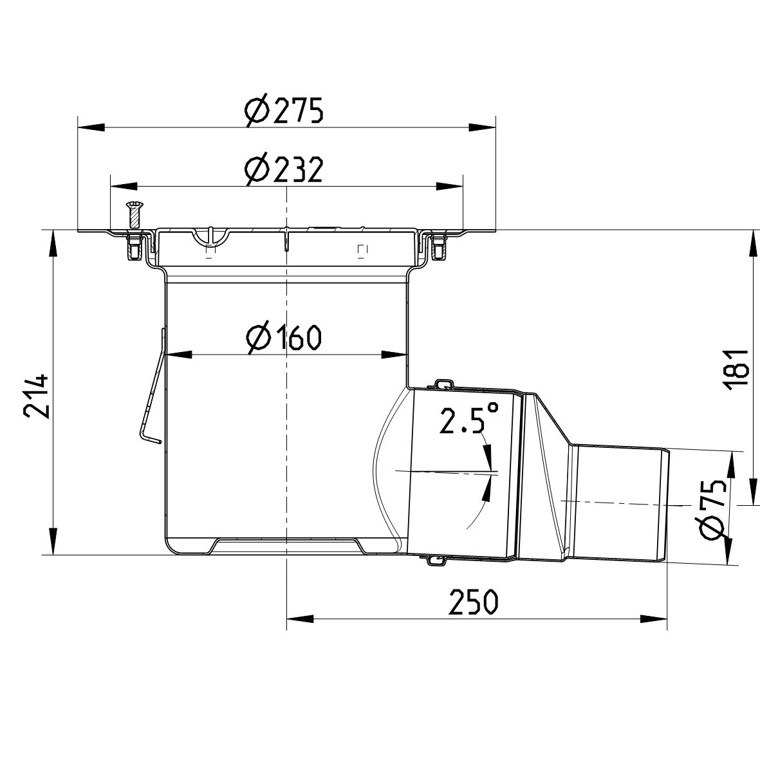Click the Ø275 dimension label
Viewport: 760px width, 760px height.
point(283,111)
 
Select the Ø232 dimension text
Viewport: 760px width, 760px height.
point(283,171)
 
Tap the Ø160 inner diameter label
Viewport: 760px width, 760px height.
point(283,337)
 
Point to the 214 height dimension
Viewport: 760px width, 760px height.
point(35,394)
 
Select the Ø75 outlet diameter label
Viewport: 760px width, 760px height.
point(714,509)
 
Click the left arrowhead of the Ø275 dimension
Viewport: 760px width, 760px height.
point(90,126)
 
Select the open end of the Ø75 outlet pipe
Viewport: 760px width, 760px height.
point(667,505)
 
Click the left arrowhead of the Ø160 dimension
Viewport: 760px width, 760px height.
point(179,353)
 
